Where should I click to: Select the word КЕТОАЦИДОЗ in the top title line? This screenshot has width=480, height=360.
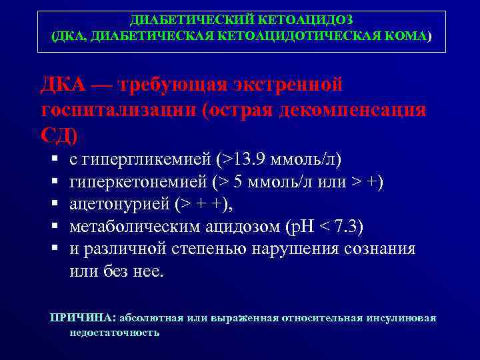point(303,20)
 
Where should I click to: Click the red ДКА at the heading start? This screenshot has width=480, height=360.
point(63,85)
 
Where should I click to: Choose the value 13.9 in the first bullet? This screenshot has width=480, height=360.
point(244,160)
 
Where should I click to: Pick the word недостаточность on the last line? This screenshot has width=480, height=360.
point(114,331)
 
